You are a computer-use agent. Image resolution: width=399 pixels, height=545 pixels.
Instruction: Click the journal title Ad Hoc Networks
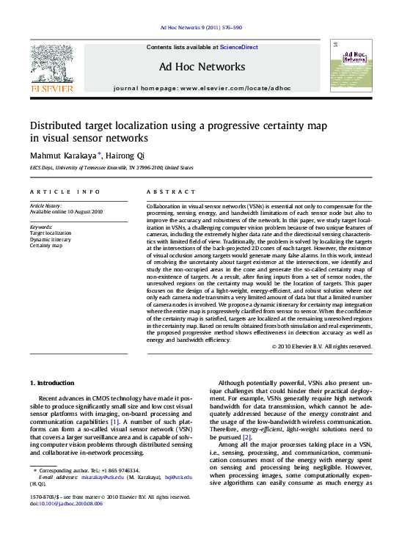coord(202,67)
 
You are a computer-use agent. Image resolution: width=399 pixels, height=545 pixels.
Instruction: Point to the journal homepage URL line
coord(202,88)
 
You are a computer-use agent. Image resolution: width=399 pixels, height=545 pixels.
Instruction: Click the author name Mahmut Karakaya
coord(61,155)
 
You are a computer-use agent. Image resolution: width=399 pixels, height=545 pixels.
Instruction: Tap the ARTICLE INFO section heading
coord(65,191)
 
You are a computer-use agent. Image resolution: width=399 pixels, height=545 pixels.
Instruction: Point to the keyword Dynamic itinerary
coord(51,239)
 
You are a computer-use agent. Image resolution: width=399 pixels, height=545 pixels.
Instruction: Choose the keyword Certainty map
coord(46,246)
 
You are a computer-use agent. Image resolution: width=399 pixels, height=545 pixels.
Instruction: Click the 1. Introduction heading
coord(52,382)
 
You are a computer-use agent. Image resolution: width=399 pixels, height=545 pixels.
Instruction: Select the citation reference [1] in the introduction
coord(114,422)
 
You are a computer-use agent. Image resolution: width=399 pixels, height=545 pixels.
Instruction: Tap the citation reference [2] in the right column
coord(247,437)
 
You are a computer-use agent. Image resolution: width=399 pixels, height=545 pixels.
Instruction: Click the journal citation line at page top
coord(200,28)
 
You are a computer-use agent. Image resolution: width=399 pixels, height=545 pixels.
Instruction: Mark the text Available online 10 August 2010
coord(66,211)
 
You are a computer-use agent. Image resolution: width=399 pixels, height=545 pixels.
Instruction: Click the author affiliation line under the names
coord(111,167)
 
